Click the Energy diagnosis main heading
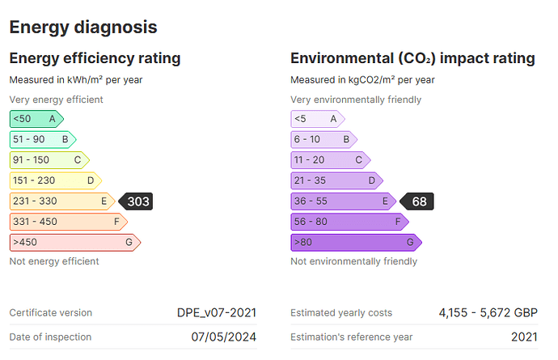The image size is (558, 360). [x=83, y=28]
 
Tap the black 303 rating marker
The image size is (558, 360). [x=136, y=201]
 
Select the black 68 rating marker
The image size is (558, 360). [x=416, y=201]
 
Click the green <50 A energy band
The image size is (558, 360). [x=36, y=119]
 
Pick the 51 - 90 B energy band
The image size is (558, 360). [x=43, y=140]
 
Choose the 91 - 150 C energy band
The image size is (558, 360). [x=49, y=160]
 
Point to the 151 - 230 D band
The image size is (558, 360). [x=56, y=181]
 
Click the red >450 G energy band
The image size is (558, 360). [x=75, y=243]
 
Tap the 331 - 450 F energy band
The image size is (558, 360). [x=69, y=222]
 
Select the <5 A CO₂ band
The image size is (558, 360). [x=318, y=119]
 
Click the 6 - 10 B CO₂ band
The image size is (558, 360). [x=324, y=140]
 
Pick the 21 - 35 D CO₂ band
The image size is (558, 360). [x=337, y=181]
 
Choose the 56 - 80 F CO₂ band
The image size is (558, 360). [x=350, y=222]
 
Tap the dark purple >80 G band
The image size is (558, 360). [x=357, y=243]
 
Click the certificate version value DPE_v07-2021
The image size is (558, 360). [x=217, y=313]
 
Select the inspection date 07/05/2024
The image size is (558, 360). [x=224, y=337]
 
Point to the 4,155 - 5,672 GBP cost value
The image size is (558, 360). [x=488, y=313]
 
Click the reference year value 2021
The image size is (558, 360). [x=525, y=337]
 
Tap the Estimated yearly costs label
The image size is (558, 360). [x=341, y=313]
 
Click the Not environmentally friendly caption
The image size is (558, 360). [x=353, y=261]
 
